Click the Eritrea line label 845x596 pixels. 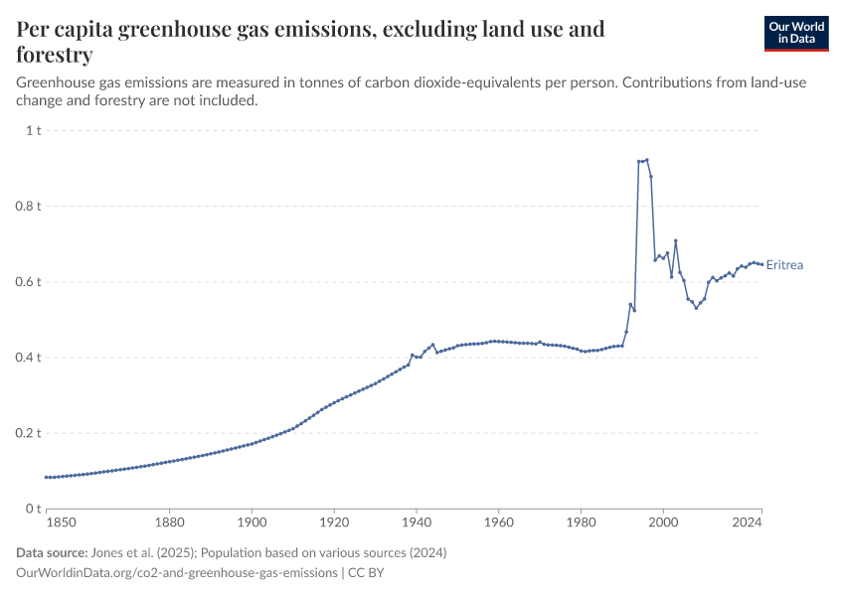tap(784, 265)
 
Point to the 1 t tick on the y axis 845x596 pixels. tap(32, 130)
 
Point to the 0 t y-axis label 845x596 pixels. tap(34, 509)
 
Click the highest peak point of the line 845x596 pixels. tap(646, 159)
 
